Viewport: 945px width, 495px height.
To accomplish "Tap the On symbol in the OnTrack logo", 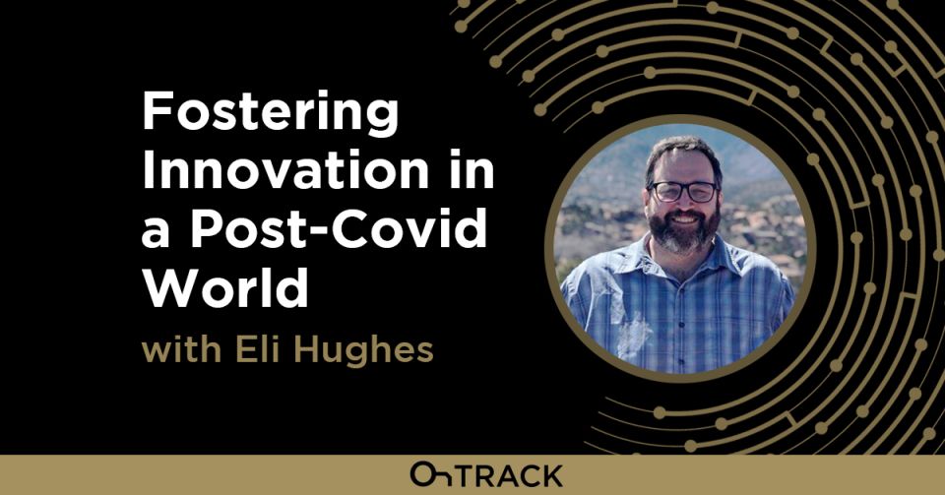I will tap(432, 475).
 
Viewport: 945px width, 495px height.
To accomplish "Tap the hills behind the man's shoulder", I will tap(768, 212).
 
